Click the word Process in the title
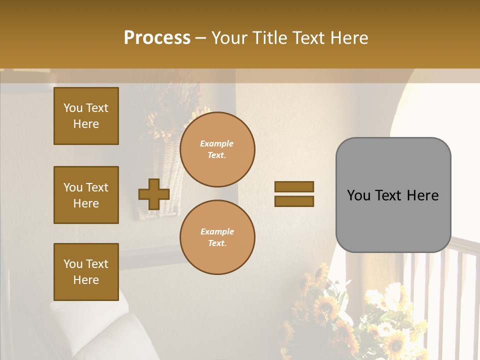(x=157, y=38)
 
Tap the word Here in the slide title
(x=348, y=38)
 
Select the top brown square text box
(x=86, y=116)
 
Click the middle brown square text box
(x=86, y=195)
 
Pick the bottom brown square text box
(x=86, y=271)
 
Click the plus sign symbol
(x=154, y=194)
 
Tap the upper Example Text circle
(x=217, y=149)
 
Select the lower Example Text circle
(x=217, y=237)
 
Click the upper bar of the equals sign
(x=294, y=186)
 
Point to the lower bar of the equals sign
(x=294, y=201)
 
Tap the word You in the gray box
(x=358, y=195)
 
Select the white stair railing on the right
(x=450, y=280)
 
